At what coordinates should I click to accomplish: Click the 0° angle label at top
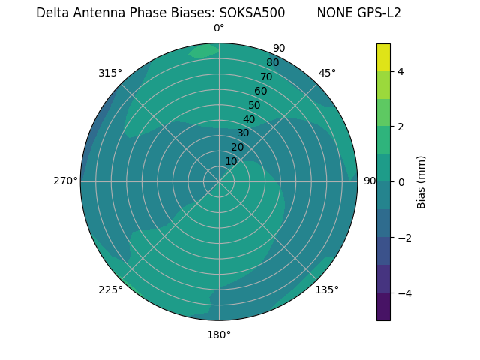(x=219, y=28)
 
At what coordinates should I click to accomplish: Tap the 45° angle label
(x=327, y=73)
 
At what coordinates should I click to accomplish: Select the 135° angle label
(x=327, y=289)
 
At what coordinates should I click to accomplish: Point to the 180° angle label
(x=219, y=334)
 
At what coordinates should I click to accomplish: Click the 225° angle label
(x=110, y=289)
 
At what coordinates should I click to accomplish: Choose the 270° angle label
(x=66, y=181)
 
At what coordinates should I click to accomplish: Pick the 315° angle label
(x=110, y=73)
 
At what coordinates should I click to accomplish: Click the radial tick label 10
(x=231, y=161)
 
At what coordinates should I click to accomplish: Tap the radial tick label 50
(x=254, y=106)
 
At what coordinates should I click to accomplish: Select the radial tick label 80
(x=272, y=62)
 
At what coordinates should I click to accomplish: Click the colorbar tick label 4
(x=400, y=71)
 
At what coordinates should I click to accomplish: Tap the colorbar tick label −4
(x=403, y=292)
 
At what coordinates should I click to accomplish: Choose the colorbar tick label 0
(x=400, y=181)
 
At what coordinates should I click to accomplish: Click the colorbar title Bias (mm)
(x=421, y=181)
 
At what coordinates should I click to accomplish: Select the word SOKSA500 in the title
(x=252, y=13)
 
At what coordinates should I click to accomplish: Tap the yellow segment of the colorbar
(x=383, y=57)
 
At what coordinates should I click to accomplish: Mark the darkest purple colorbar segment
(x=383, y=306)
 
